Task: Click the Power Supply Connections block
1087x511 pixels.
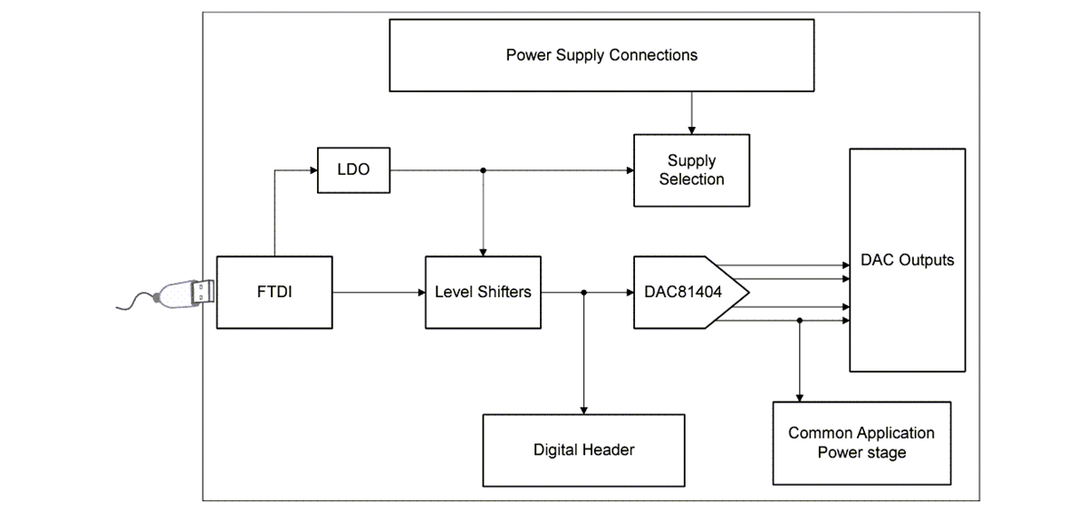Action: (x=601, y=55)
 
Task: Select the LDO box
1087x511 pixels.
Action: (x=352, y=169)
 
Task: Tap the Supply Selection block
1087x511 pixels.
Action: (x=691, y=170)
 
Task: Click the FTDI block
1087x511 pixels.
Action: (x=274, y=292)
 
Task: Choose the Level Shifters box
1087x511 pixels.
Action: (x=483, y=292)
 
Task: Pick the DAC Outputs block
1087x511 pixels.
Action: (x=907, y=260)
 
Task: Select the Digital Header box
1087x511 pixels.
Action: (x=583, y=450)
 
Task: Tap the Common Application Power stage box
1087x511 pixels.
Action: (x=861, y=442)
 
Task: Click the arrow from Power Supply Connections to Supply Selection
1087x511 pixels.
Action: (x=691, y=112)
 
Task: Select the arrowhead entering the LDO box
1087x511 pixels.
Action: (x=312, y=169)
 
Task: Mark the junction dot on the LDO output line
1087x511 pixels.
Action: (x=484, y=169)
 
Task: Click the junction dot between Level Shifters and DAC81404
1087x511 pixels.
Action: (x=584, y=292)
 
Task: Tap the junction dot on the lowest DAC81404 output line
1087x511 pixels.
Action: (x=799, y=320)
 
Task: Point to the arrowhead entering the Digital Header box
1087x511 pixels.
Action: (x=584, y=410)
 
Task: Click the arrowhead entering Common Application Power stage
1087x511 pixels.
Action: (x=799, y=397)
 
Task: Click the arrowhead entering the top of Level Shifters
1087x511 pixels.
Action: (x=484, y=252)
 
